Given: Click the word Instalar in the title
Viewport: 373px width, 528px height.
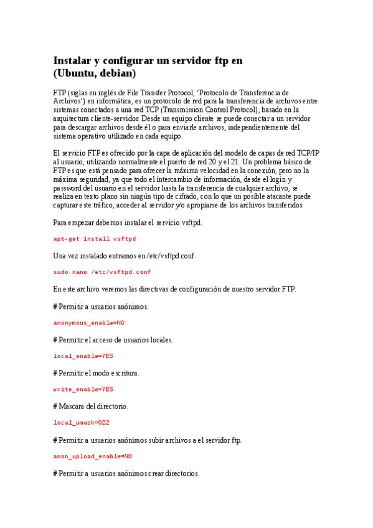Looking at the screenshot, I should click(x=73, y=60).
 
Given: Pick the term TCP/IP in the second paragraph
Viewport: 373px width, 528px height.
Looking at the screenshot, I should click(x=308, y=153).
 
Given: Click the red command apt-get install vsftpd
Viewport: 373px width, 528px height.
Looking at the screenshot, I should click(x=95, y=238).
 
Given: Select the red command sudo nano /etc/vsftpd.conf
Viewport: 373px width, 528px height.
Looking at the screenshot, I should click(x=102, y=271).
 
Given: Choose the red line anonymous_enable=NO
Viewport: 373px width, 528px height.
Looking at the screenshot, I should click(x=89, y=323).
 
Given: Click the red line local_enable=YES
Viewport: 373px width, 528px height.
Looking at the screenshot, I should click(x=83, y=356).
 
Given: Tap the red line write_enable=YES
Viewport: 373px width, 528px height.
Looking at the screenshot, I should click(x=83, y=389).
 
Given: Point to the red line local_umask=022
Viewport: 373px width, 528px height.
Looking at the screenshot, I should click(x=82, y=423).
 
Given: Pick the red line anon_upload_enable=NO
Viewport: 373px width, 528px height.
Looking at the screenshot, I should click(x=93, y=456).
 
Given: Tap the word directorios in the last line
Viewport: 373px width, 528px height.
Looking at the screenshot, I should click(x=181, y=473).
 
